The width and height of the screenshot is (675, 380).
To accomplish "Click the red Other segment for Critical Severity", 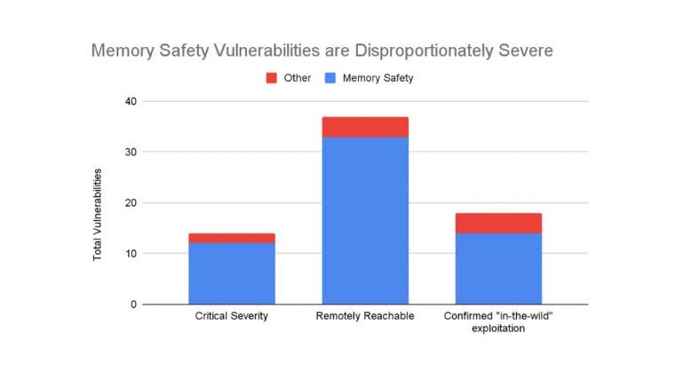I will tap(231, 238).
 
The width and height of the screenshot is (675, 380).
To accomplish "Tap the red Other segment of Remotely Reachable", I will tap(365, 127).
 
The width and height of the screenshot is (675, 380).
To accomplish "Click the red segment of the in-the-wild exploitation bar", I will tap(498, 223).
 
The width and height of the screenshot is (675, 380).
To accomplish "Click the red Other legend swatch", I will tap(272, 78).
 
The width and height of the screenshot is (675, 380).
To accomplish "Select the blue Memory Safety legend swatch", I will tap(330, 78).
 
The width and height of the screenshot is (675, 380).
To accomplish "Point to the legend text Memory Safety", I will tap(377, 78).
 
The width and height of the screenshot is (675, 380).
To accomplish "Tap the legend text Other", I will tap(298, 78).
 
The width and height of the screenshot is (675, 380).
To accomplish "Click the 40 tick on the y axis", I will tap(131, 101).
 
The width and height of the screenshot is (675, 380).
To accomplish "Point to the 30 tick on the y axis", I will tap(131, 152).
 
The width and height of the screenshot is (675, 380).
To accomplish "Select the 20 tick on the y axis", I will tap(131, 202).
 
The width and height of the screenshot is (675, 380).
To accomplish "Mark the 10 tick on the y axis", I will tap(131, 254).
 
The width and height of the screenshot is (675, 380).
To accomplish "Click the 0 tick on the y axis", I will tap(133, 305).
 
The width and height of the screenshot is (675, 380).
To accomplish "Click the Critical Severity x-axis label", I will tap(231, 316).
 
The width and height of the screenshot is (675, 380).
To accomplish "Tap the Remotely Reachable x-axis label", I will tap(365, 316).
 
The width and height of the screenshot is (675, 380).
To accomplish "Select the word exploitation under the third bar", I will tap(498, 329).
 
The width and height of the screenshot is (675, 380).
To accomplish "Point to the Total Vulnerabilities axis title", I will tap(99, 214).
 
